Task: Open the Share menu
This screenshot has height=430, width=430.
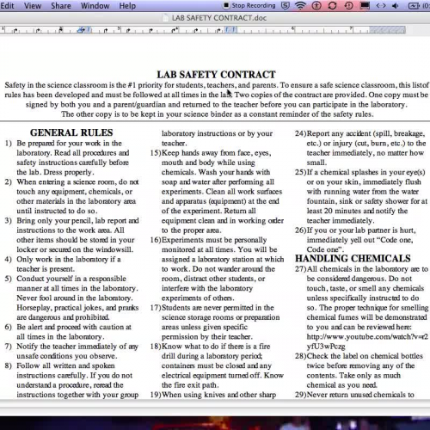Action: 61,5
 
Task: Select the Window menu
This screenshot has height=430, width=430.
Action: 95,5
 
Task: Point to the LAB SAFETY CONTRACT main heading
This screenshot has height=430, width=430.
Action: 211,75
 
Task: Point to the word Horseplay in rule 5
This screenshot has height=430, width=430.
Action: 37,321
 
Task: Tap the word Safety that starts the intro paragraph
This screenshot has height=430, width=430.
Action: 16,87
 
